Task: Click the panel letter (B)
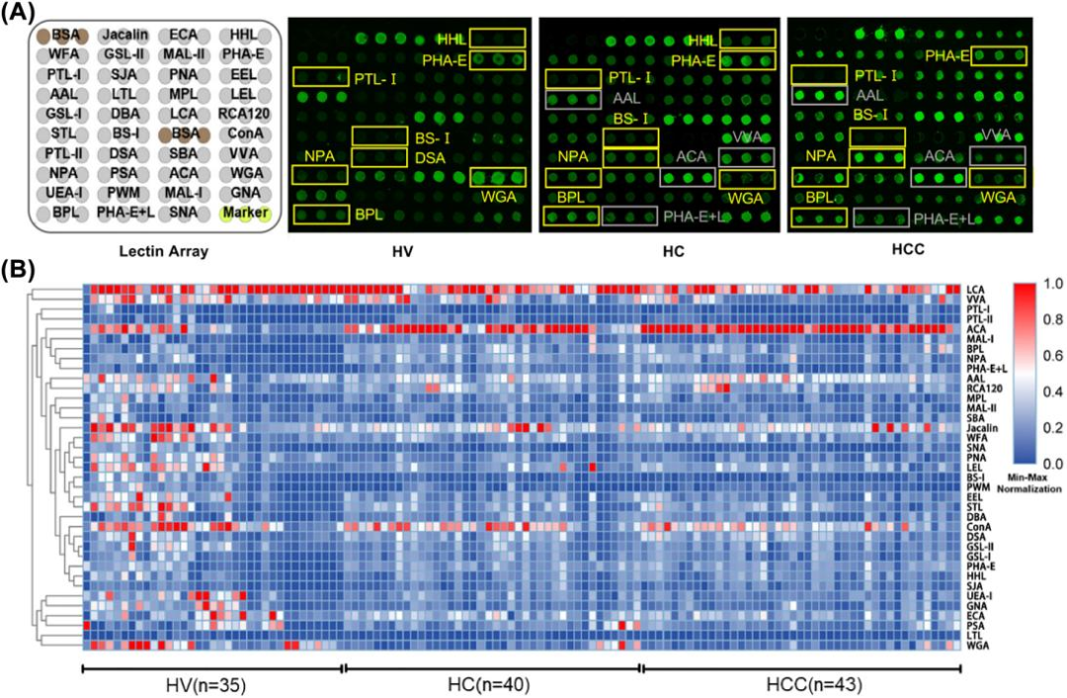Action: [22, 269]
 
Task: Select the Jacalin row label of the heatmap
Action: [984, 428]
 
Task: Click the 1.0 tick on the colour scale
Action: [1050, 284]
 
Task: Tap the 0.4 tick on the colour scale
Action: [1050, 391]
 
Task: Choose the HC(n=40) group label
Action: [491, 683]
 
